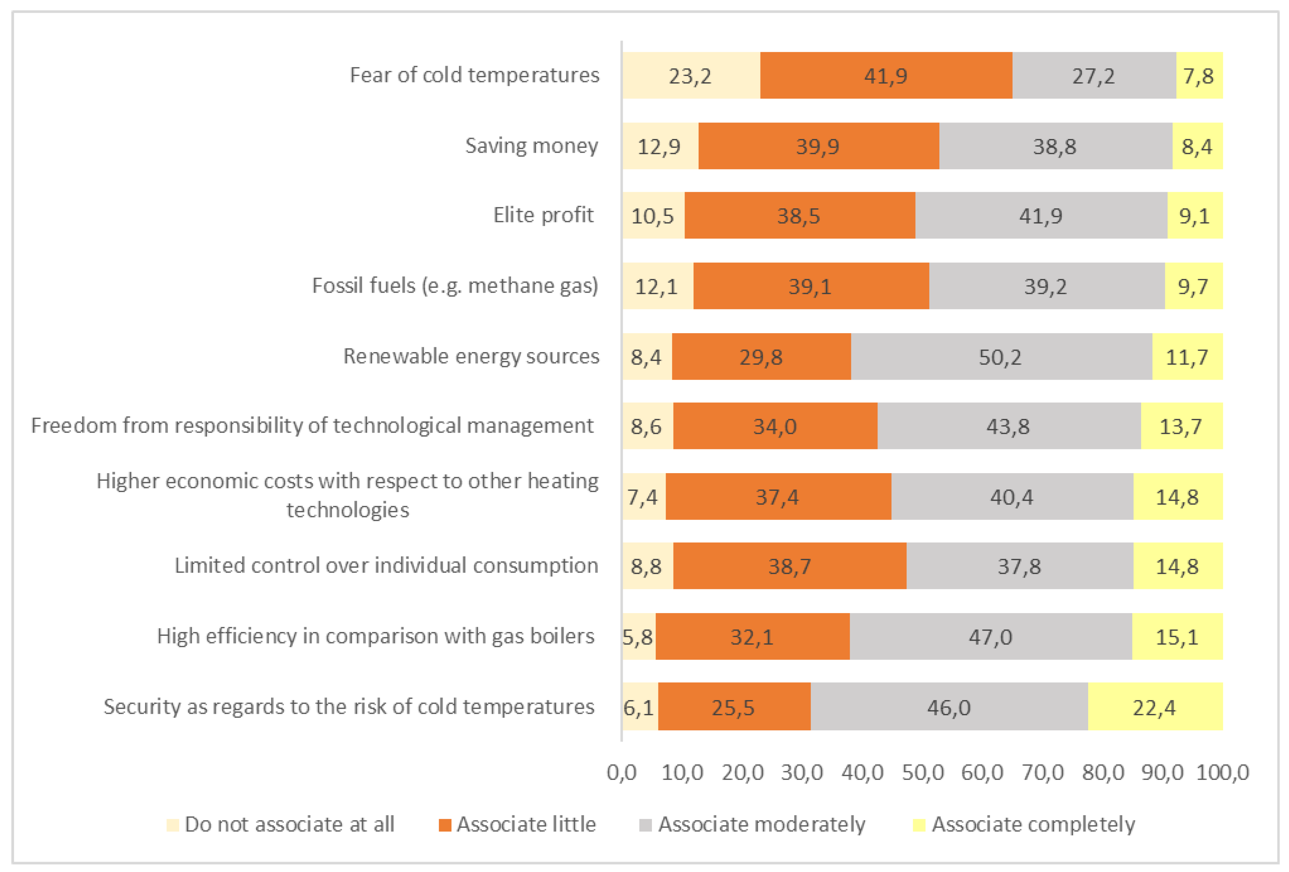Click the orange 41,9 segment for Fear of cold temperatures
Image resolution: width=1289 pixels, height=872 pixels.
pos(886,75)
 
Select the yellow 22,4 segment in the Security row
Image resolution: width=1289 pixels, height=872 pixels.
pos(1155,707)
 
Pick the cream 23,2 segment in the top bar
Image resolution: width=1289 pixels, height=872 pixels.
pos(690,75)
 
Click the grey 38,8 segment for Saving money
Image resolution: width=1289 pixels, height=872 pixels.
pos(1055,146)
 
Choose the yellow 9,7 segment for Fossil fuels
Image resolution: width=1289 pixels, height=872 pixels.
pos(1193,286)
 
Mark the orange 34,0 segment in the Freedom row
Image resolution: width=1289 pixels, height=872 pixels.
pos(775,426)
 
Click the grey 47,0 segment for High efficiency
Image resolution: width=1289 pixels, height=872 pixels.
pos(991,637)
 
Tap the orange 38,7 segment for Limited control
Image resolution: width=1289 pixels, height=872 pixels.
pos(790,566)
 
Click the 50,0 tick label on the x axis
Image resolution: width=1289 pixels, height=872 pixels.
pos(923,773)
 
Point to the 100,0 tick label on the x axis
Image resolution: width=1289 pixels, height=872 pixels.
pos(1222,773)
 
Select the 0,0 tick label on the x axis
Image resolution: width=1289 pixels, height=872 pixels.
pos(622,773)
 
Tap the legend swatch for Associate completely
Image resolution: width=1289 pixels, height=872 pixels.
pos(919,825)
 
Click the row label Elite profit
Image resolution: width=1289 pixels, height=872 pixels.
pos(544,215)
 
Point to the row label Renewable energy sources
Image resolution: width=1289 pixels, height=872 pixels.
pos(471,356)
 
